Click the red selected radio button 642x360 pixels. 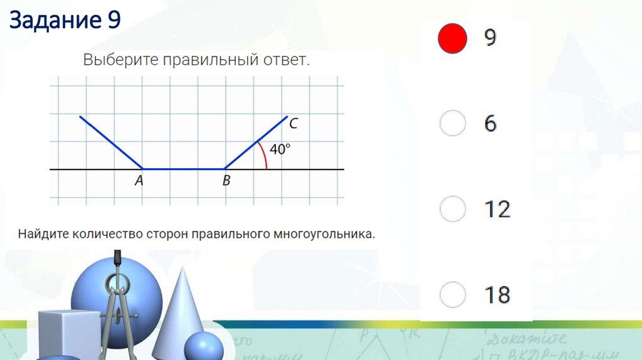pyautogui.click(x=452, y=38)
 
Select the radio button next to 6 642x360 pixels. pyautogui.click(x=452, y=123)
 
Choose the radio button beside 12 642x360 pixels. pyautogui.click(x=452, y=208)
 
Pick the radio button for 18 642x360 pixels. pyautogui.click(x=452, y=294)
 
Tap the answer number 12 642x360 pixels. pyautogui.click(x=497, y=209)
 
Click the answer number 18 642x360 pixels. pyautogui.click(x=497, y=294)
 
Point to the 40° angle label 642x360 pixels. pyautogui.click(x=280, y=150)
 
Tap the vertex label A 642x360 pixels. pyautogui.click(x=139, y=181)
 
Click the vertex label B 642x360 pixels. pyautogui.click(x=226, y=181)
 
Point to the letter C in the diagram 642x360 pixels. pyautogui.click(x=293, y=124)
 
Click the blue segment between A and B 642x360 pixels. pyautogui.click(x=184, y=169)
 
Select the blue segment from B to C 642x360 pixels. pyautogui.click(x=256, y=142)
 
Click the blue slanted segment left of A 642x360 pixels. pyautogui.click(x=111, y=142)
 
